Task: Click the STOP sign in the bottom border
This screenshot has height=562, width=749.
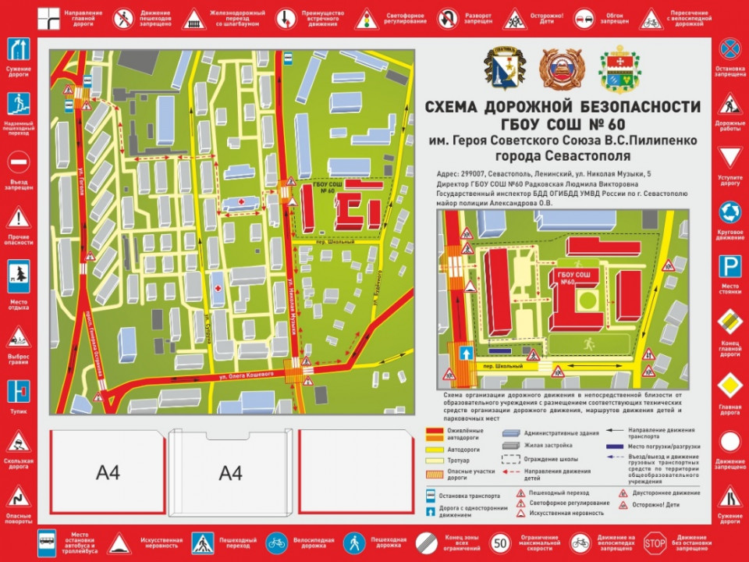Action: pyautogui.click(x=656, y=542)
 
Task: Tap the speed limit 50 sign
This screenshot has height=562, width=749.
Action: pyautogui.click(x=502, y=542)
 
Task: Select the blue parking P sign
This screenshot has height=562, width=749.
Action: pyautogui.click(x=729, y=268)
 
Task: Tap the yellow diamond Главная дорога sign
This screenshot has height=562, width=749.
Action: pyautogui.click(x=729, y=386)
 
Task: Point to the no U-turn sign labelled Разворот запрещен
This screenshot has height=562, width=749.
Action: pyautogui.click(x=447, y=19)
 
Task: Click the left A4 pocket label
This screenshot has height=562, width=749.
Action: pyautogui.click(x=108, y=473)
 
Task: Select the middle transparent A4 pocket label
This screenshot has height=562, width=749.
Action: pyautogui.click(x=231, y=473)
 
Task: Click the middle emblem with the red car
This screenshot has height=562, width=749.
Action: pyautogui.click(x=559, y=68)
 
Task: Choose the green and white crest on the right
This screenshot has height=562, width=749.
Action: pyautogui.click(x=619, y=68)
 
